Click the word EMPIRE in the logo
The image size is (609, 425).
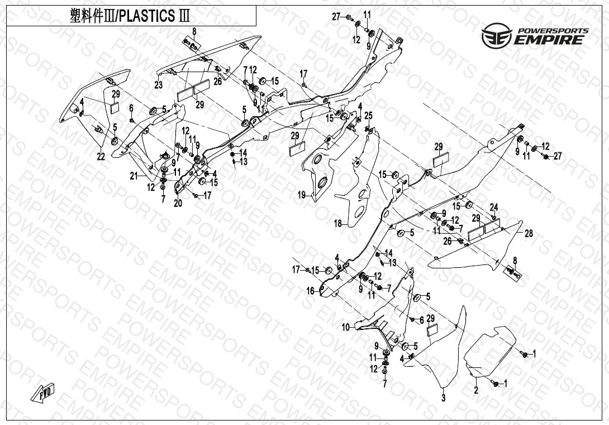(x=550, y=40)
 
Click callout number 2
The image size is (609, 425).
(x=476, y=390)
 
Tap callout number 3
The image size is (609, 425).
(x=444, y=398)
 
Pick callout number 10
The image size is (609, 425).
(x=345, y=327)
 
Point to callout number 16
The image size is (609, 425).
(x=310, y=291)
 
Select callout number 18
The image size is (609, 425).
(x=337, y=224)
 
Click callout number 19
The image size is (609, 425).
(x=301, y=195)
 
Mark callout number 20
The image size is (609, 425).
(x=178, y=204)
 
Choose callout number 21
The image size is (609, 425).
(x=134, y=176)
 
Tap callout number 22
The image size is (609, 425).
(x=101, y=157)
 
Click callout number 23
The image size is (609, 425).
(x=159, y=85)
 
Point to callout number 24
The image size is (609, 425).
(x=494, y=206)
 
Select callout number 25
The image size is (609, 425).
(x=368, y=115)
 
